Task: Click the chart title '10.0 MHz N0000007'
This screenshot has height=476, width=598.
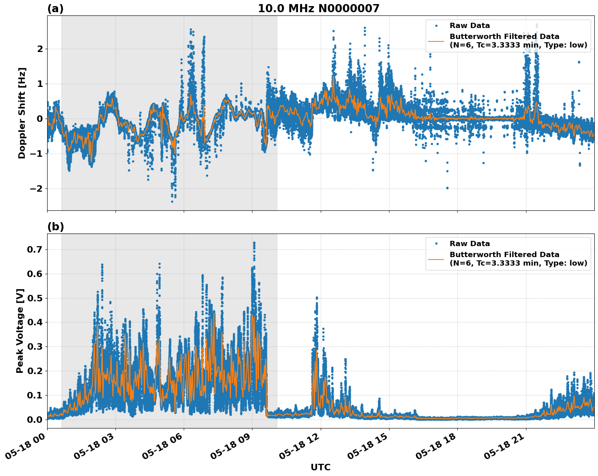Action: pyautogui.click(x=318, y=9)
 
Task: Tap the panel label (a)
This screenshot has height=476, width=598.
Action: pyautogui.click(x=55, y=9)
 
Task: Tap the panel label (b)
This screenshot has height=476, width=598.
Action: pyautogui.click(x=55, y=227)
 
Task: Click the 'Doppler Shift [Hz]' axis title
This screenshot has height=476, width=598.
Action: pyautogui.click(x=22, y=113)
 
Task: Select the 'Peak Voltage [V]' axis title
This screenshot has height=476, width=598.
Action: pyautogui.click(x=20, y=331)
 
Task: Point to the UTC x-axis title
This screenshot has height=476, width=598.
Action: pyautogui.click(x=320, y=467)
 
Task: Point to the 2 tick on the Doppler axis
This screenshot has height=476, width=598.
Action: pyautogui.click(x=40, y=49)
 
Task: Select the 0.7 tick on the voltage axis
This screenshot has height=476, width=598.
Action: pyautogui.click(x=34, y=249)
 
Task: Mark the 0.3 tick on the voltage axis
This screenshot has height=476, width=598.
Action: pyautogui.click(x=34, y=346)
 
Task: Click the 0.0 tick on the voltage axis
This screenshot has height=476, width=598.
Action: pyautogui.click(x=34, y=420)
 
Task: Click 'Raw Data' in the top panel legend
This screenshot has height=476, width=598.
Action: pyautogui.click(x=470, y=26)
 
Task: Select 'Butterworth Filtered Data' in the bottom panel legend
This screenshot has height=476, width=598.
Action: pyautogui.click(x=504, y=255)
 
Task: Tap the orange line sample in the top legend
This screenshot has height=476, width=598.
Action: pyautogui.click(x=436, y=41)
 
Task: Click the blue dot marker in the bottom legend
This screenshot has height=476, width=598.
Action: pyautogui.click(x=436, y=244)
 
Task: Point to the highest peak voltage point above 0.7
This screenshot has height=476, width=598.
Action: pyautogui.click(x=254, y=243)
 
